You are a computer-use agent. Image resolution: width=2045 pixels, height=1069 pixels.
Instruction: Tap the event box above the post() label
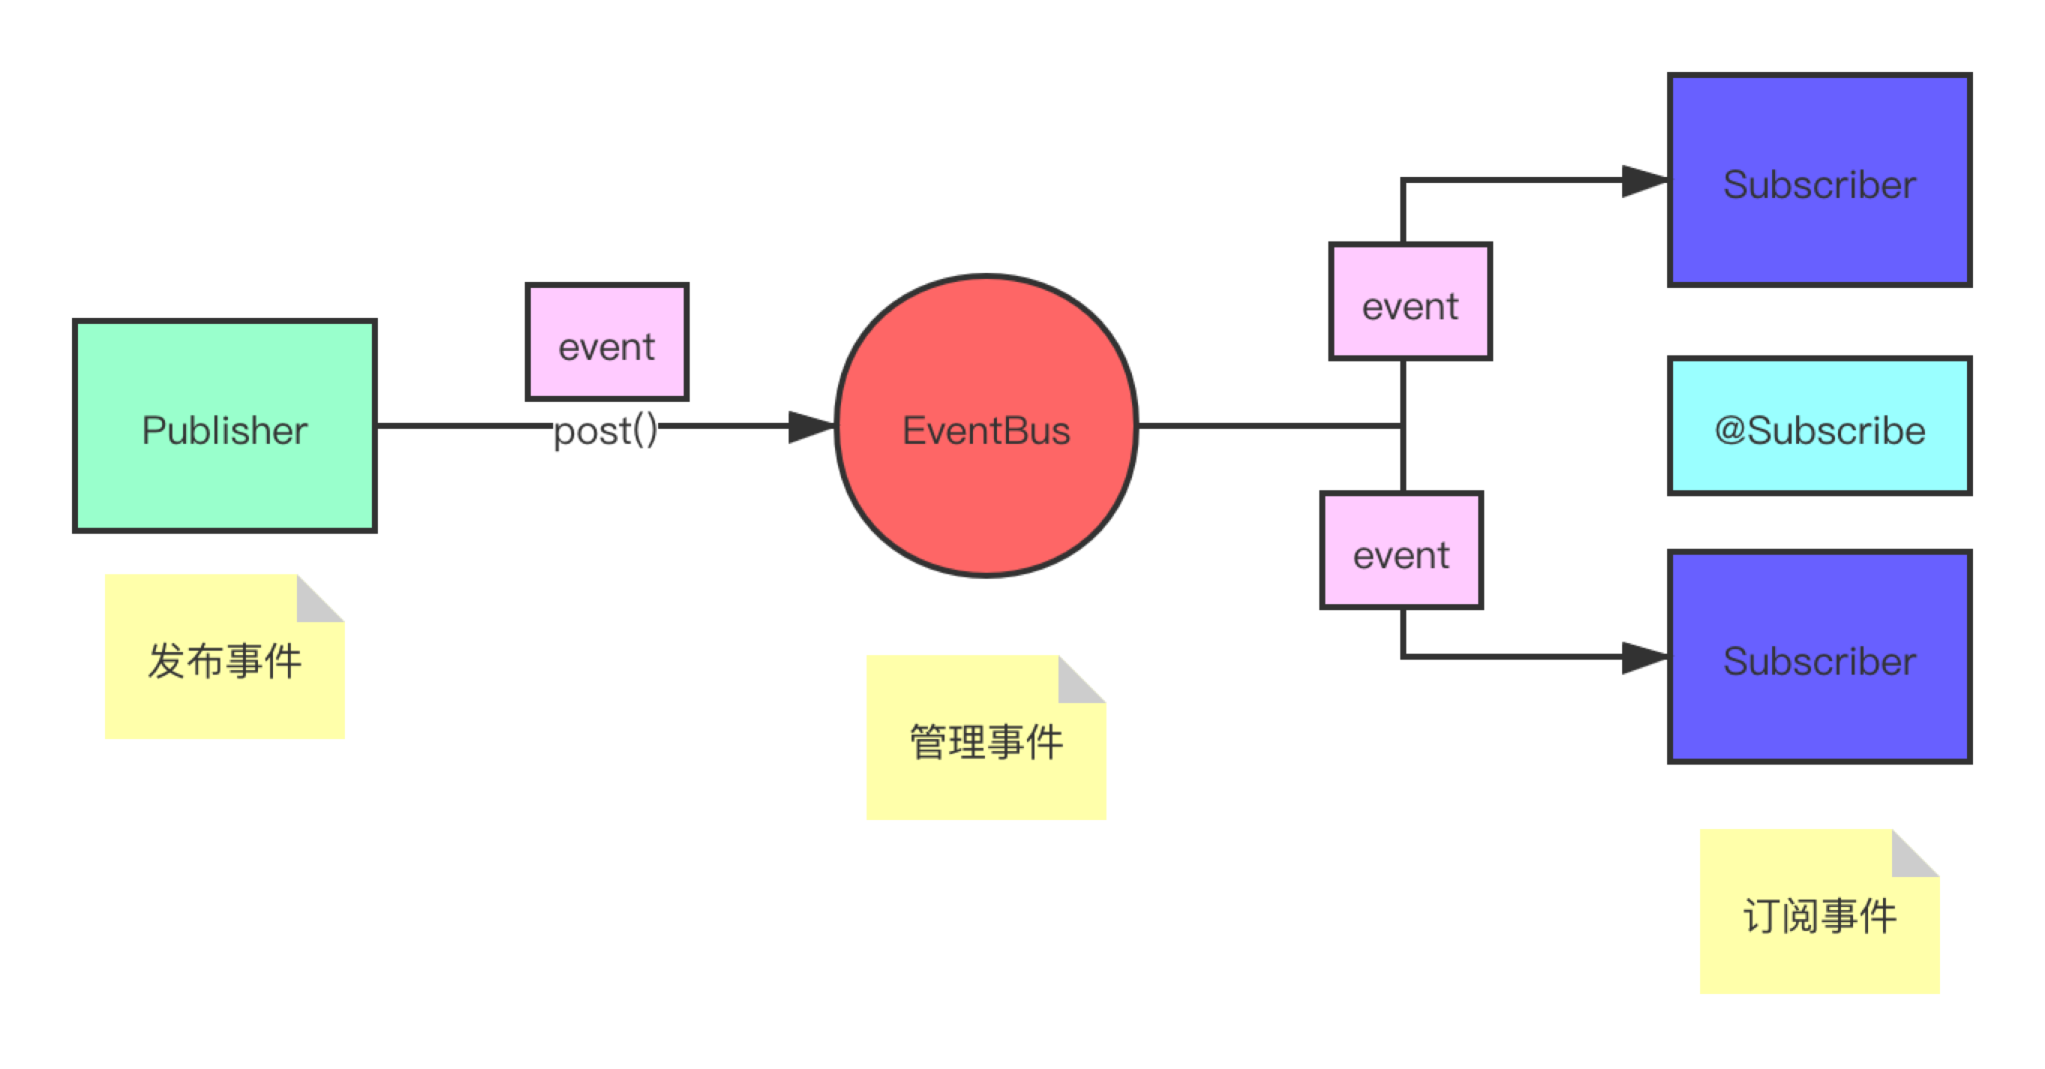607,342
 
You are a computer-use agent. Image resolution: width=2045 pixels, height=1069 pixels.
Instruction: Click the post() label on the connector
606,430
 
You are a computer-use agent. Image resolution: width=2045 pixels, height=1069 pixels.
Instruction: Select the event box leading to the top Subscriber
1411,301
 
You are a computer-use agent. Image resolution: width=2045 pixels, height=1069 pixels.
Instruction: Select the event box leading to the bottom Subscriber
1401,550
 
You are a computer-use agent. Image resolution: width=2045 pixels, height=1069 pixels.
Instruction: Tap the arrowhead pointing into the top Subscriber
1643,181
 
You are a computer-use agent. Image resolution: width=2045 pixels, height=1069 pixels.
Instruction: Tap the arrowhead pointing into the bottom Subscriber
1643,657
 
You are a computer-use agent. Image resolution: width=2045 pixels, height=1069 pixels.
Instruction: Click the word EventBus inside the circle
986,430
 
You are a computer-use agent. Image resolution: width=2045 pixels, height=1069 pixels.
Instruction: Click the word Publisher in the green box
225,430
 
